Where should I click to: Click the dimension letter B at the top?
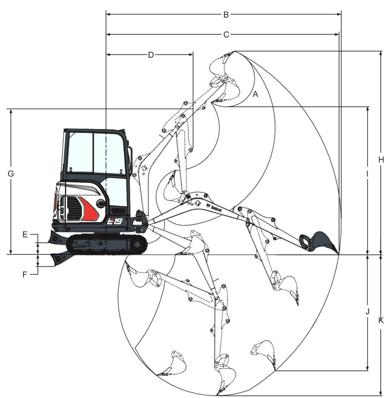click(226, 15)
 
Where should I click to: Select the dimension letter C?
click(226, 35)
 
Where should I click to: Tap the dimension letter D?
click(151, 55)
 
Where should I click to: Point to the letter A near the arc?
click(255, 94)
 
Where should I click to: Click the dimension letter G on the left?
click(11, 174)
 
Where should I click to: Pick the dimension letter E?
click(25, 234)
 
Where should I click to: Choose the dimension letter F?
click(25, 275)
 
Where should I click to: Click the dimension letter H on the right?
click(381, 160)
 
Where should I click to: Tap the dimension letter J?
click(367, 311)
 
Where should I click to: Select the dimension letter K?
click(381, 321)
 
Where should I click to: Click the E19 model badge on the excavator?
click(114, 221)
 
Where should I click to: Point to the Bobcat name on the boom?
click(216, 209)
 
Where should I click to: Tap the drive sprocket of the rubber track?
click(137, 244)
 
